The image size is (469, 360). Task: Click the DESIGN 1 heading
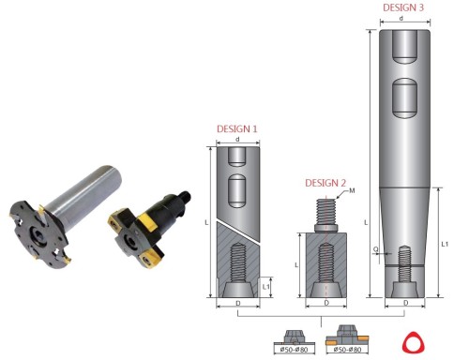pos(237,129)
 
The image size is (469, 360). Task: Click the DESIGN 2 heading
pos(325,183)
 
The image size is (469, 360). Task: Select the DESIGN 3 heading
pos(403,7)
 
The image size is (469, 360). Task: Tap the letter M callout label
pos(352,190)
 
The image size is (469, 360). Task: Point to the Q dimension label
pos(376,249)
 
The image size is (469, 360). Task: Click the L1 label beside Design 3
pos(445,244)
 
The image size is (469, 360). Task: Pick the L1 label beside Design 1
pos(265,287)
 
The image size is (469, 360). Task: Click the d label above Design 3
pos(401,19)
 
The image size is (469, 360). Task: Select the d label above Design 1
pos(237,139)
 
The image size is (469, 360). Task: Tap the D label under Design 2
pos(326,303)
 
